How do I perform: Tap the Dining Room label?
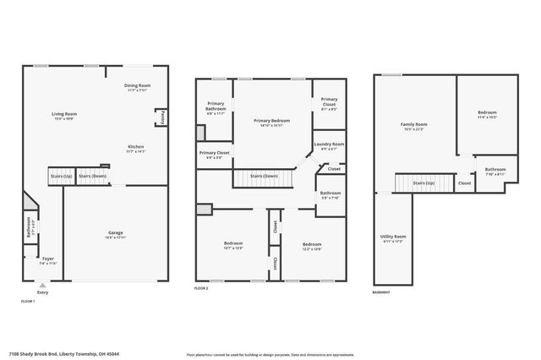pos(137,85)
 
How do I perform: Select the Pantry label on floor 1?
pos(162,116)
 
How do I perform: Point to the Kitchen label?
pos(136,147)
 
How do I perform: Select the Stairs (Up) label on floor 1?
pos(60,177)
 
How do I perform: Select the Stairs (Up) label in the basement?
pos(423,183)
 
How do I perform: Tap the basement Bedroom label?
pos(487,112)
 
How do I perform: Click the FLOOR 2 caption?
pos(201,289)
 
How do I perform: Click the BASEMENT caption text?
pos(381,292)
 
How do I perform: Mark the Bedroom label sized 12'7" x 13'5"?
pos(233,243)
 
